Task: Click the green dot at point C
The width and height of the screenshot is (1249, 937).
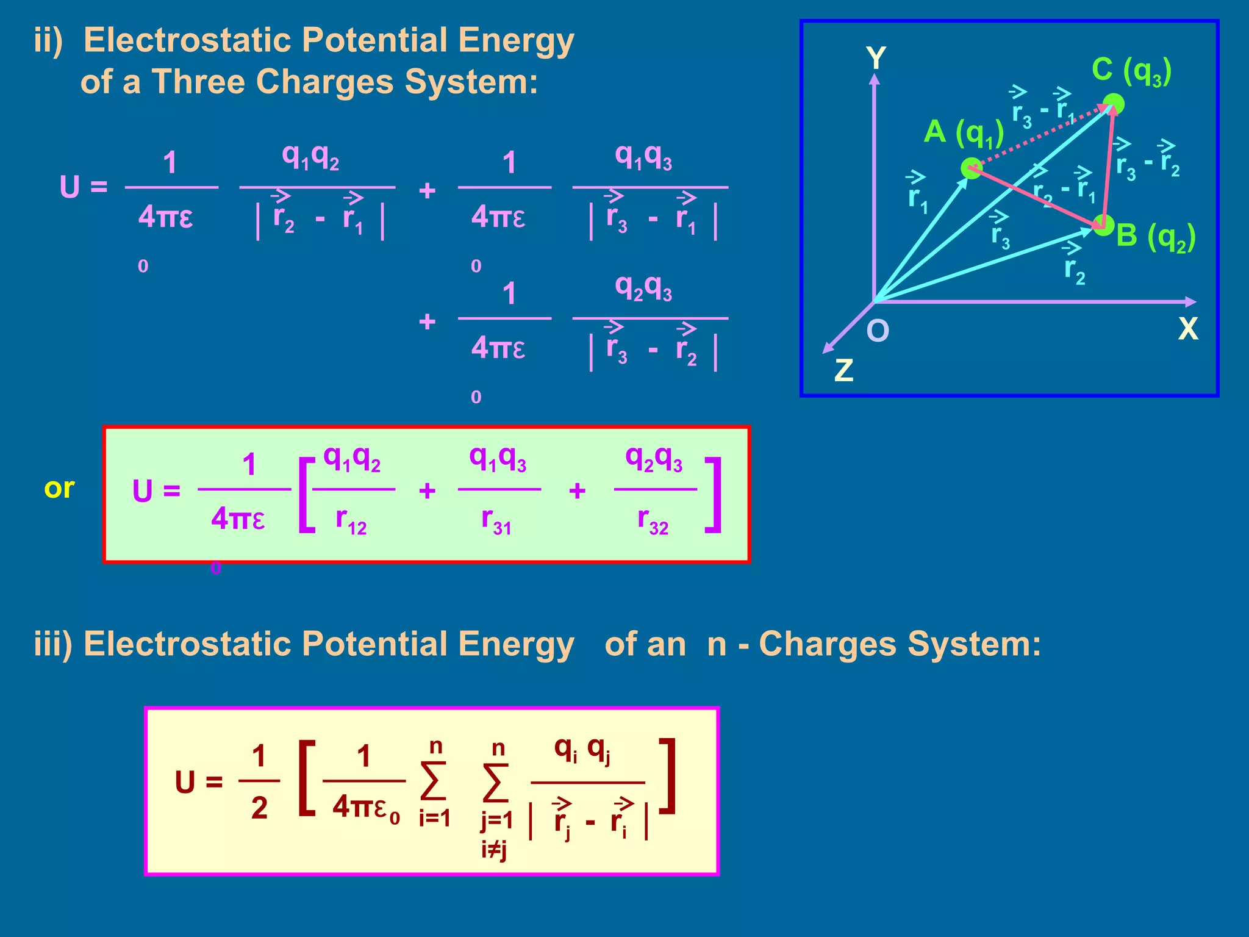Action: [1114, 104]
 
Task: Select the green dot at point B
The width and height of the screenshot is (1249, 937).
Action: [1103, 225]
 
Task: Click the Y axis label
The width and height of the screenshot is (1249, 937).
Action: [876, 59]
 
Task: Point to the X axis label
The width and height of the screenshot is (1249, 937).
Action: [1188, 329]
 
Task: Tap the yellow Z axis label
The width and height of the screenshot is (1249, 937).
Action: [843, 370]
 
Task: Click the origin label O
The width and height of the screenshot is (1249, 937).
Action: [878, 331]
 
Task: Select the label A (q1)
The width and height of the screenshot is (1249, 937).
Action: [964, 132]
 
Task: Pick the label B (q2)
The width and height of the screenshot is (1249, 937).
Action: [1156, 236]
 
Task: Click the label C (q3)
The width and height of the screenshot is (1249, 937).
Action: [1131, 70]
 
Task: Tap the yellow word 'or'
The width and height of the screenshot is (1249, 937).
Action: [59, 488]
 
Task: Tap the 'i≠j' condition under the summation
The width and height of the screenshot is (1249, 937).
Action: [494, 849]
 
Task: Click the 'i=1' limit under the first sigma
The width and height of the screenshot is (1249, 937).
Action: [434, 817]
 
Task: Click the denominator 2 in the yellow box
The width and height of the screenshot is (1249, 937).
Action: [259, 808]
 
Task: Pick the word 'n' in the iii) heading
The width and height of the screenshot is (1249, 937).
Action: [717, 644]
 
